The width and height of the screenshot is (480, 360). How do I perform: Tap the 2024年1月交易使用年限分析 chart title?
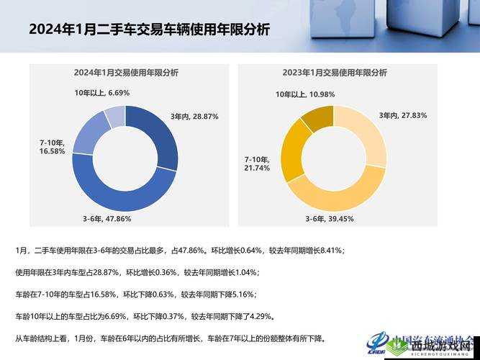point(125,73)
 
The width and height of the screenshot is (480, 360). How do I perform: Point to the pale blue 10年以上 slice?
point(115,116)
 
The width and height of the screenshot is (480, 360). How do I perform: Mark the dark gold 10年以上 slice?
point(316,117)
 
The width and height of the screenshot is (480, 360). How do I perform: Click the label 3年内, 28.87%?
point(194,116)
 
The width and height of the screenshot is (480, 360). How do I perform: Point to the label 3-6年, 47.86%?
point(107,218)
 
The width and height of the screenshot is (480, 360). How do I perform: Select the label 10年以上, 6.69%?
point(101,93)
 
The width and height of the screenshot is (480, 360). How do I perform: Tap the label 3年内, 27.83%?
point(403,115)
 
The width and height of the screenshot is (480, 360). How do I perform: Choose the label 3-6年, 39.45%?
point(328,218)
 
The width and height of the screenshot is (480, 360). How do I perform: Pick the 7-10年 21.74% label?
point(257,163)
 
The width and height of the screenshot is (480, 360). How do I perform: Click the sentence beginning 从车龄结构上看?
point(170,338)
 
